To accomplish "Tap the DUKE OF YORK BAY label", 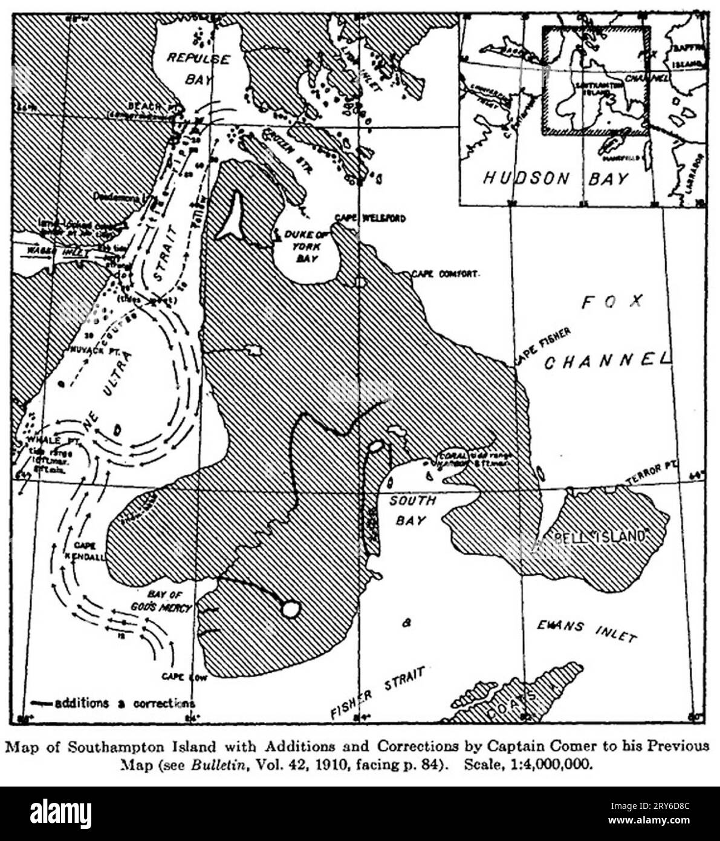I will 304,246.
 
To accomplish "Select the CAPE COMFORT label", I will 445,273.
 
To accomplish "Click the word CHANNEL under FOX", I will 608,361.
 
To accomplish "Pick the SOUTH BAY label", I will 412,510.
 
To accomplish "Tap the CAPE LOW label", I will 184,677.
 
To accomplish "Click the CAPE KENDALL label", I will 89,551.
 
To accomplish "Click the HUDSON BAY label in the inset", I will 556,178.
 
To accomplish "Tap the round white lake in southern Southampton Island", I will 291,609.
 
